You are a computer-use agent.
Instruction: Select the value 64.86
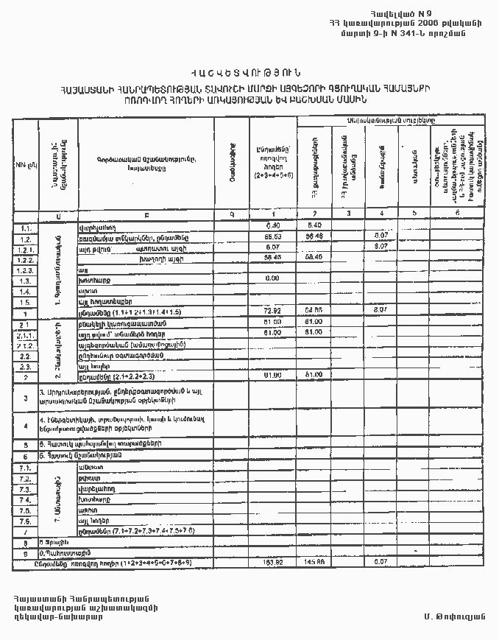[x=314, y=313]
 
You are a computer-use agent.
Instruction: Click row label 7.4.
[x=25, y=499]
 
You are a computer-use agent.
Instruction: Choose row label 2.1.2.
[x=25, y=345]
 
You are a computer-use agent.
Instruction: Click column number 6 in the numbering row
[x=458, y=214]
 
